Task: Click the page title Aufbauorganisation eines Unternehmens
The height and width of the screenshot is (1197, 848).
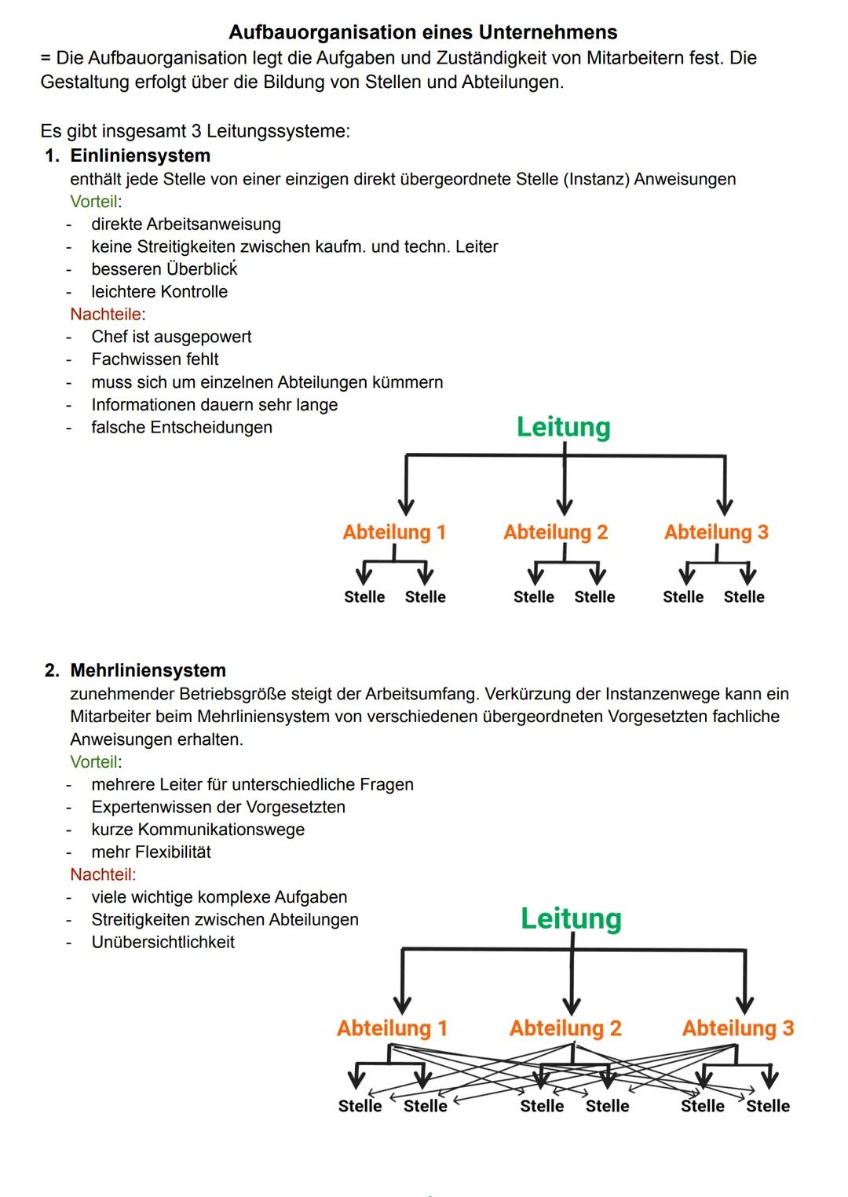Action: point(422,32)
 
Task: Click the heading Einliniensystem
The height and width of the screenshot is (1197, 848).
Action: point(140,155)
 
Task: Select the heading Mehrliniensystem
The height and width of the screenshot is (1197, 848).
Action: point(148,670)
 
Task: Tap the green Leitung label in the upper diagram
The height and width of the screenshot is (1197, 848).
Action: point(563,427)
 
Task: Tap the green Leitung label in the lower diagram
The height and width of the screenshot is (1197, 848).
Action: point(571,918)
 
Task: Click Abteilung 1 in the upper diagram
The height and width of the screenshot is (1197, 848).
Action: point(394,532)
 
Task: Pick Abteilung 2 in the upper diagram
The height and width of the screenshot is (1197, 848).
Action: point(556,532)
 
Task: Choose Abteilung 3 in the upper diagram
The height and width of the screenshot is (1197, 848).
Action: point(716,532)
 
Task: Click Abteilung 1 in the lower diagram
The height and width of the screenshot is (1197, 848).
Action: point(392,1028)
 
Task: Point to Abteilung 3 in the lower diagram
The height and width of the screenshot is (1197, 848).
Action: point(738,1028)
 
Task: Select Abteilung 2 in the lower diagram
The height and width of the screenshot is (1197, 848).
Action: point(565,1028)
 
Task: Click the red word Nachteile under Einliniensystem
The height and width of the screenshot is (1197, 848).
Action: point(106,314)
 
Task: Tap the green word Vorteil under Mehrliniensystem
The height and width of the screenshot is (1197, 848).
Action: point(94,761)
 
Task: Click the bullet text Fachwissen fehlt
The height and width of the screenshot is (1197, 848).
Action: point(155,359)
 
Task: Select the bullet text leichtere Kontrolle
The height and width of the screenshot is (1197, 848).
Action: point(159,292)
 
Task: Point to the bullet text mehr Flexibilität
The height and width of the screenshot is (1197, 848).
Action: point(151,852)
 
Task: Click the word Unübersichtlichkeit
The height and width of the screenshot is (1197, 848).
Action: point(163,942)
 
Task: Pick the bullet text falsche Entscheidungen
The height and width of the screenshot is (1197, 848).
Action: point(181,428)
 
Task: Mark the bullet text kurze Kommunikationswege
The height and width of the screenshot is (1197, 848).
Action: point(198,830)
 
